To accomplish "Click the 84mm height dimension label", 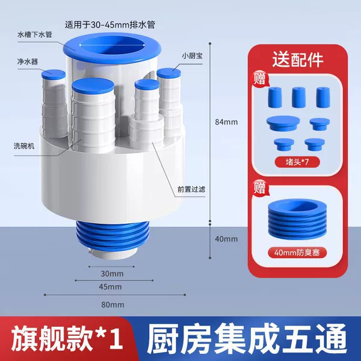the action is [x=226, y=122].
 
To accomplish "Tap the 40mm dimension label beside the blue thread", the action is [x=226, y=239].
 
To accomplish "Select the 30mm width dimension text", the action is [x=112, y=274].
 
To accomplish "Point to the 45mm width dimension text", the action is [x=110, y=287].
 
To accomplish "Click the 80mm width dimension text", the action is [x=113, y=305].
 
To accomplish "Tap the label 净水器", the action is [x=28, y=62].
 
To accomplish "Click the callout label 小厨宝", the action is [x=193, y=56].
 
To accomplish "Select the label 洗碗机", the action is [x=24, y=146].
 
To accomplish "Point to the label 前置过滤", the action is [x=191, y=190].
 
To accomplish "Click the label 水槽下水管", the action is [x=35, y=35].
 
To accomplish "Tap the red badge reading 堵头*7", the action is [x=297, y=162].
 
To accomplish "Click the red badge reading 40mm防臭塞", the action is [x=297, y=253].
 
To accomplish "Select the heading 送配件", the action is [x=298, y=60].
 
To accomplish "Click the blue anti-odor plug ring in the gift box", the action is [x=297, y=219].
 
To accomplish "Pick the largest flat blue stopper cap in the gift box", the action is [x=283, y=123].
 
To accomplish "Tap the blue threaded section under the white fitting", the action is [x=113, y=235].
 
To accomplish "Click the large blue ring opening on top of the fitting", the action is [x=112, y=49].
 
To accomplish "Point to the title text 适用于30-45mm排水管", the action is [x=110, y=25].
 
